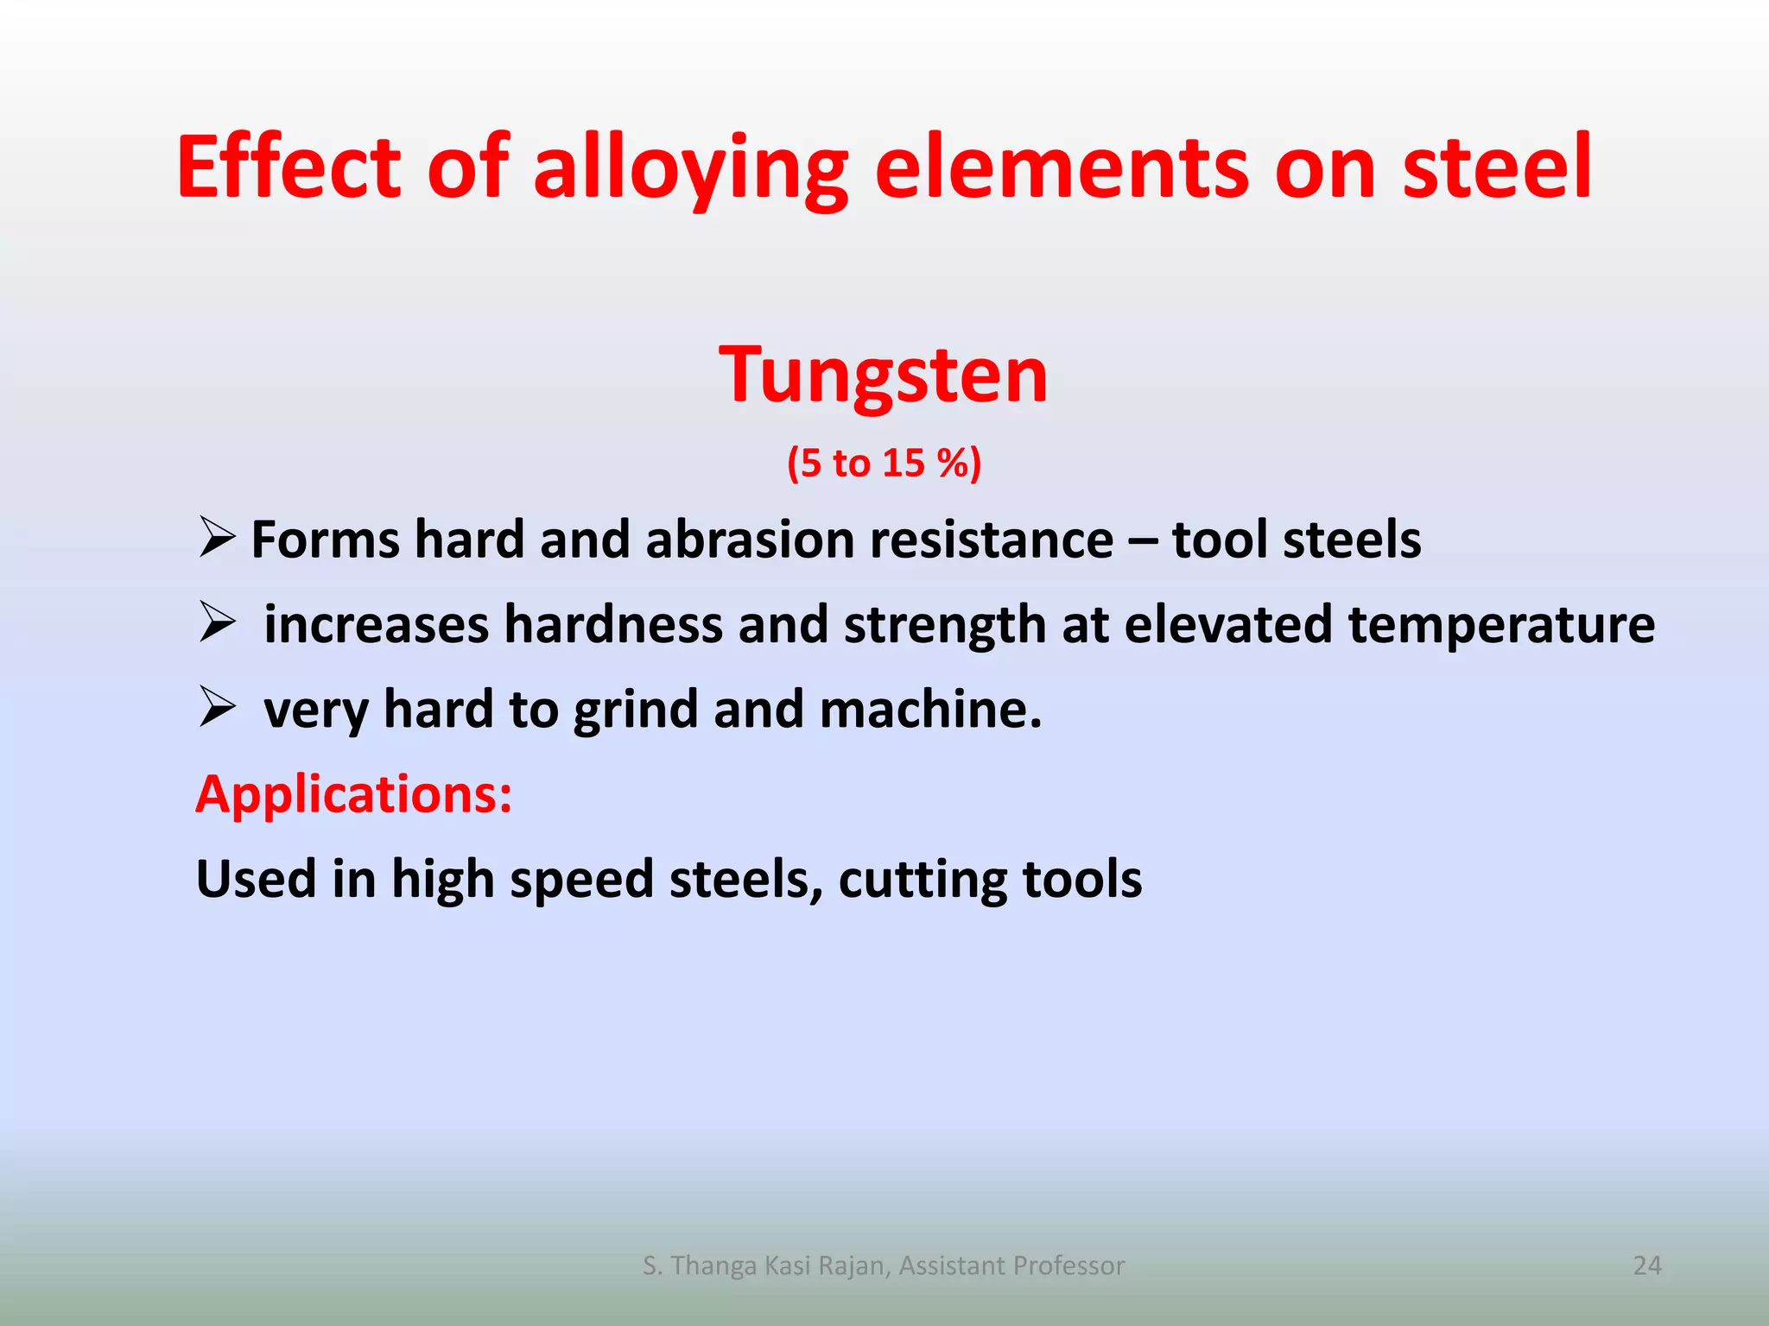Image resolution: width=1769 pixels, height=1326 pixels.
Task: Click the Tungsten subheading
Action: click(x=884, y=376)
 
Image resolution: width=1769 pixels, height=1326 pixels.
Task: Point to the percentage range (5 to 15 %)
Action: click(x=884, y=464)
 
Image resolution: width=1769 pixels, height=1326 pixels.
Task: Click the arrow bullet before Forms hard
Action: click(x=217, y=538)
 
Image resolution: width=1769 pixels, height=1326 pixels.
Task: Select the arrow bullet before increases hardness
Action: click(x=217, y=622)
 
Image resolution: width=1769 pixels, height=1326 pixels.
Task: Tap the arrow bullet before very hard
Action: click(x=217, y=707)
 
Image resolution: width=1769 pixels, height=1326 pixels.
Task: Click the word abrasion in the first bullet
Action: click(x=750, y=540)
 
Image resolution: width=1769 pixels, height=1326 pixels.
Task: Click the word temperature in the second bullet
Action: click(x=1501, y=625)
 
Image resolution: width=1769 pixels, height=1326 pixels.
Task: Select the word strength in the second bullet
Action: click(x=945, y=625)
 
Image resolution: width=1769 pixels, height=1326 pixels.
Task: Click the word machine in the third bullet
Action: click(x=929, y=710)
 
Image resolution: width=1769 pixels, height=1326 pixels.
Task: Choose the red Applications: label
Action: click(x=354, y=794)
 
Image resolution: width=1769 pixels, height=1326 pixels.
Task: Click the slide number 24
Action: click(x=1647, y=1266)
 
